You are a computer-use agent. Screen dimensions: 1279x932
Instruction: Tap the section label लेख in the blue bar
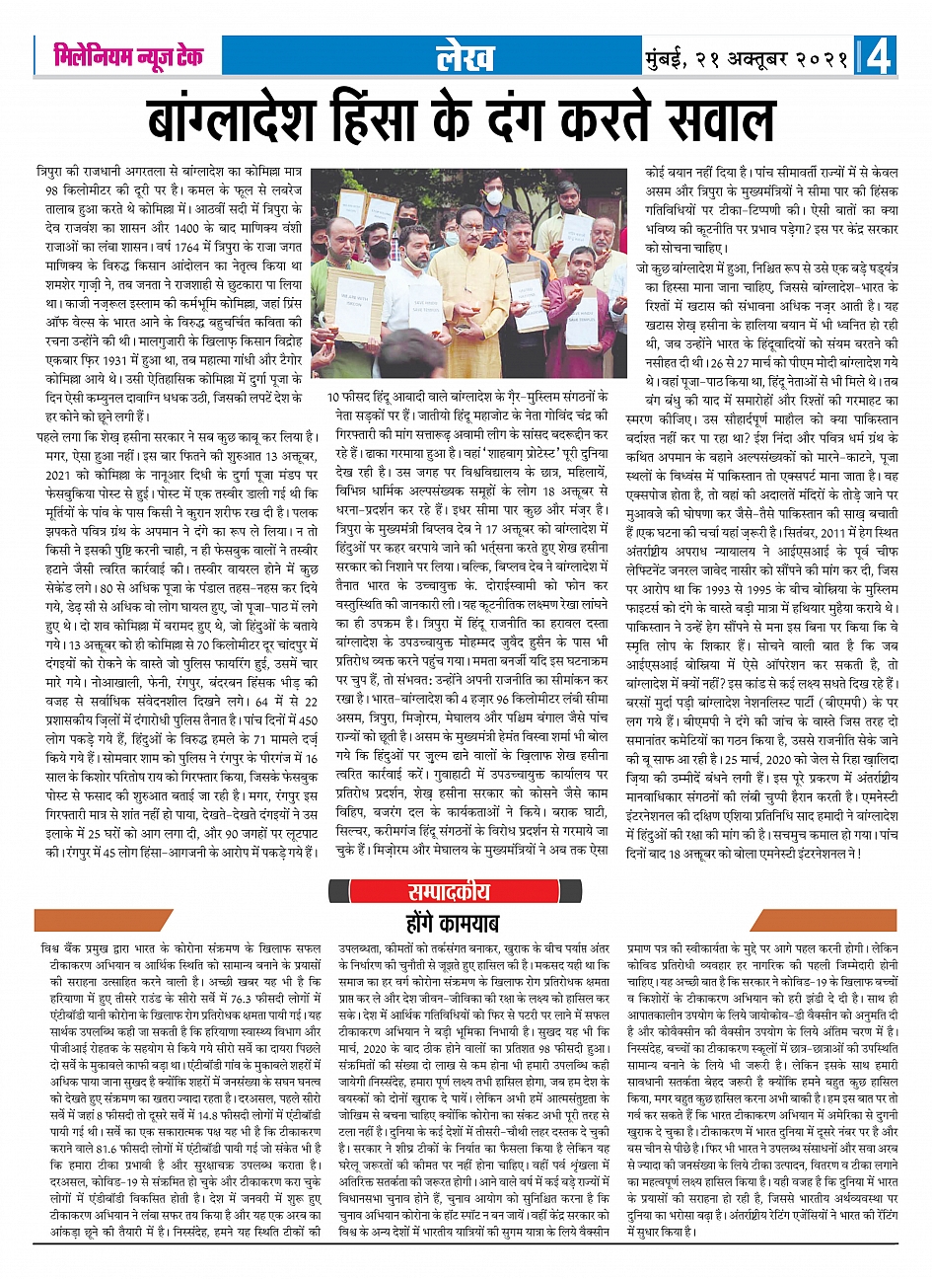[465, 57]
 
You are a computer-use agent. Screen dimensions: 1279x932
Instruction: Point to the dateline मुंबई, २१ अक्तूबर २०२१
[747, 58]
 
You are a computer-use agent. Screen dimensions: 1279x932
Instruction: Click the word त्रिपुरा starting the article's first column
[50, 172]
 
